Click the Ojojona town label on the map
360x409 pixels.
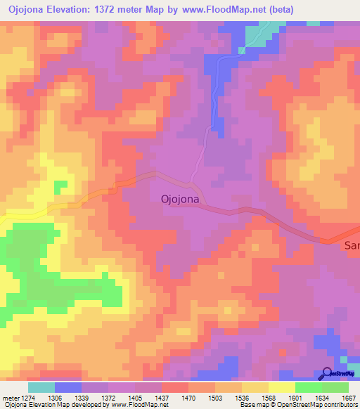(175, 200)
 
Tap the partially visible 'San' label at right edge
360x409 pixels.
(351, 245)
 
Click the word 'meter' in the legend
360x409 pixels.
(9, 397)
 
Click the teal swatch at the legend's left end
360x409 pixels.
(41, 387)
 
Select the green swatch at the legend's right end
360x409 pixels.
(335, 387)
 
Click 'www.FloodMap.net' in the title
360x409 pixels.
(215, 9)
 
